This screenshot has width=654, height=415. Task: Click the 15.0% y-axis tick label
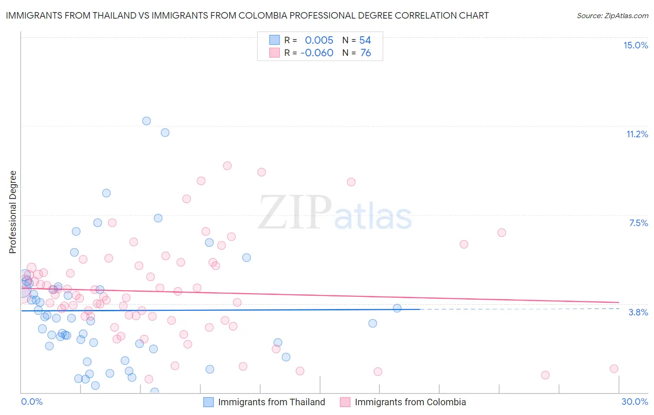[635, 45]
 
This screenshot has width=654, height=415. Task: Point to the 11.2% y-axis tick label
[637, 134]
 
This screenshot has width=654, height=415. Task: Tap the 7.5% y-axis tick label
[638, 223]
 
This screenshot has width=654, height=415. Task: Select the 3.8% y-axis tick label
[638, 312]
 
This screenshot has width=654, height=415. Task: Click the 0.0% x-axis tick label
[32, 402]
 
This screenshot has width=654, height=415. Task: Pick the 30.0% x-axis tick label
[634, 402]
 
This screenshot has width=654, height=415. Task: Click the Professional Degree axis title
[13, 212]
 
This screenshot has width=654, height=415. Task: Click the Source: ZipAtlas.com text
[612, 15]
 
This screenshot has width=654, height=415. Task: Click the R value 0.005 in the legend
[319, 40]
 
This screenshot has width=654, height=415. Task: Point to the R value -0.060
[317, 53]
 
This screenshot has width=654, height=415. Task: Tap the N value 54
[365, 40]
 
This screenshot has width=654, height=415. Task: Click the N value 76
[366, 53]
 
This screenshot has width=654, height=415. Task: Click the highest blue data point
[147, 121]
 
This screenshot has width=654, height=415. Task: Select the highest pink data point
[227, 166]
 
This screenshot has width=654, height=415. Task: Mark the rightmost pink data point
[614, 368]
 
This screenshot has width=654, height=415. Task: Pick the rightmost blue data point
[397, 308]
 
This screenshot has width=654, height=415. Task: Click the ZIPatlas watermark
[335, 213]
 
